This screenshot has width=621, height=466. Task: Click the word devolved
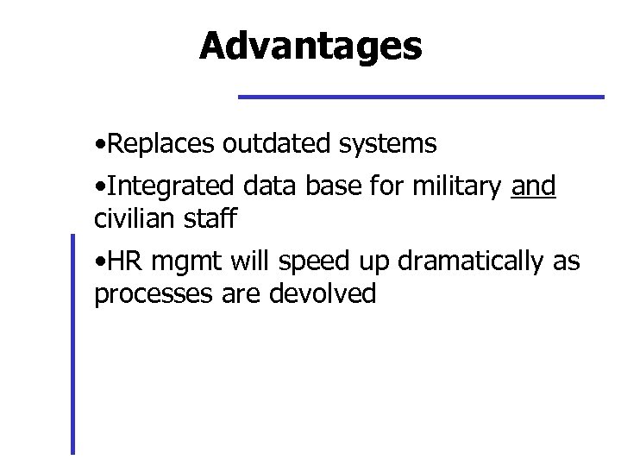click(x=323, y=293)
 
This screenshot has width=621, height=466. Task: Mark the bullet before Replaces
click(x=101, y=144)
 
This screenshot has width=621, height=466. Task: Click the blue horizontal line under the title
click(x=421, y=96)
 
